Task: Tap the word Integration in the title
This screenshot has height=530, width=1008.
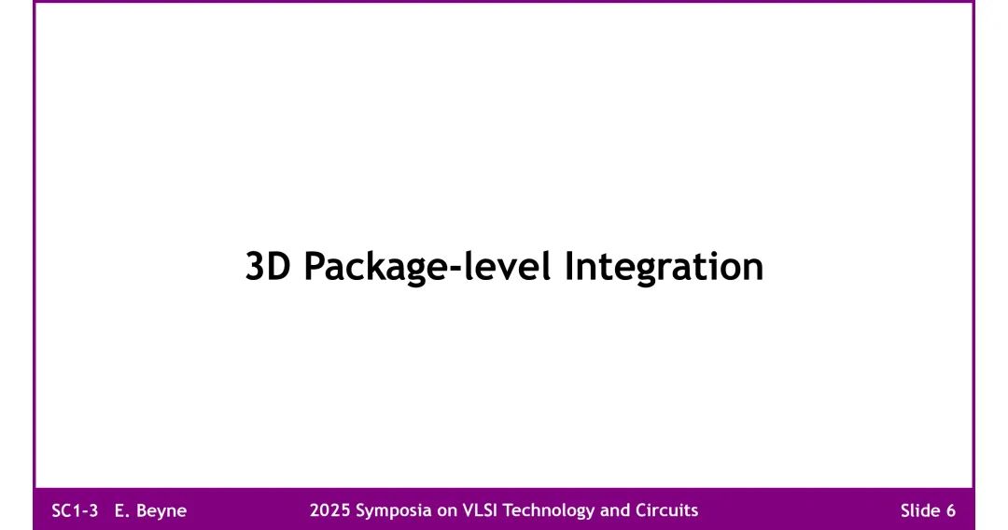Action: [x=664, y=267]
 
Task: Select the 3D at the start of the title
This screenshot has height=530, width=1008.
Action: [x=269, y=267]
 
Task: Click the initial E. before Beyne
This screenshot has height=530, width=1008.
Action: [x=121, y=510]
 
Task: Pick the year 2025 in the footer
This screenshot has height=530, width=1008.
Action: [x=329, y=510]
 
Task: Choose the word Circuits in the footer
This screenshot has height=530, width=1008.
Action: [x=665, y=510]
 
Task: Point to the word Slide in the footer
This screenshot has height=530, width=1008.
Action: [x=920, y=510]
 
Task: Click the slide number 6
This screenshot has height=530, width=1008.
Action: [x=950, y=510]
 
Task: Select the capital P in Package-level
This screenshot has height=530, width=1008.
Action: [x=315, y=267]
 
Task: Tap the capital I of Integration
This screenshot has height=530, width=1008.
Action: [x=569, y=267]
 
